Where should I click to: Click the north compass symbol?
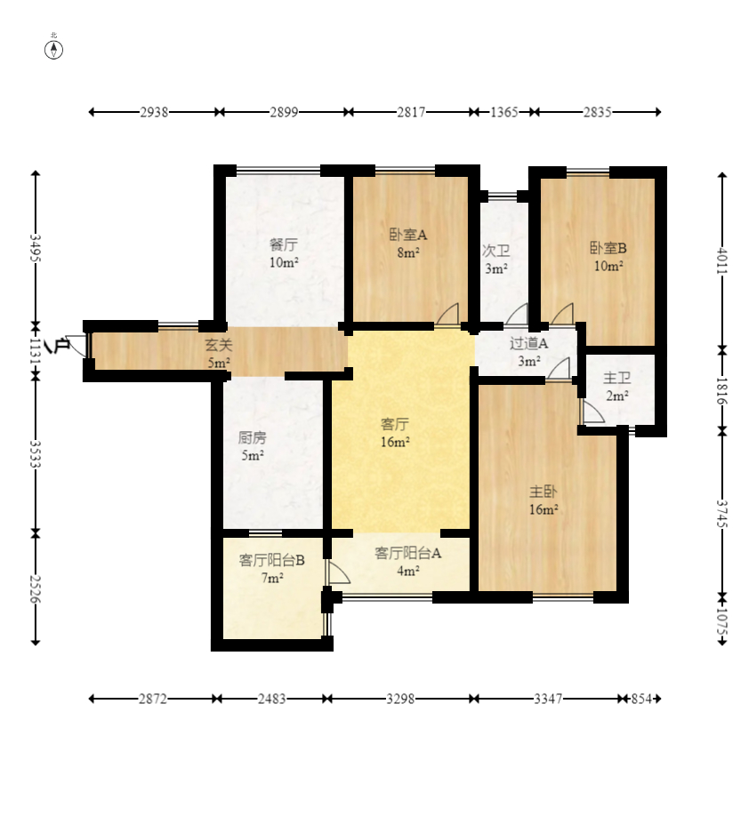[53, 50]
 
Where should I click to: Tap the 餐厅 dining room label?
[284, 244]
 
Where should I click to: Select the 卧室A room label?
[407, 235]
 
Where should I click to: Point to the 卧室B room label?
[608, 248]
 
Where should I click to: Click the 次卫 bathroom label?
[495, 251]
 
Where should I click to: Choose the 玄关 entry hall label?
[218, 345]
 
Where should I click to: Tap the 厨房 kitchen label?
[252, 437]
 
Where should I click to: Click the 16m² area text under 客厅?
[395, 443]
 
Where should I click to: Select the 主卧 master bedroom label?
[544, 492]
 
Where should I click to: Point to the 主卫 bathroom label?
[616, 378]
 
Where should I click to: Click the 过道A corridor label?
[528, 343]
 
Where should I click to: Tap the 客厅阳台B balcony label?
[271, 561]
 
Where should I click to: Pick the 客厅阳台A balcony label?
[407, 553]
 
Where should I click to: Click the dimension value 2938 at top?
[154, 112]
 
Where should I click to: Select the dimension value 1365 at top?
[504, 112]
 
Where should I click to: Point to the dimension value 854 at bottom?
[641, 699]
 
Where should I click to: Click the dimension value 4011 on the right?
[722, 260]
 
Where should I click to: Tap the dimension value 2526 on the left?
[36, 588]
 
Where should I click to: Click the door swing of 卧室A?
[448, 314]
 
